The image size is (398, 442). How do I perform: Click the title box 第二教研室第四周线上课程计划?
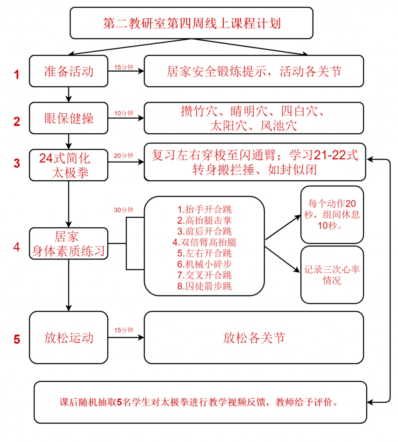tap(191, 23)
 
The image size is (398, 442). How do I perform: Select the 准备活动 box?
tap(69, 71)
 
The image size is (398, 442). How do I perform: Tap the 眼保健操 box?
tap(69, 118)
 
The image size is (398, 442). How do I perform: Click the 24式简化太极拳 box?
tap(69, 165)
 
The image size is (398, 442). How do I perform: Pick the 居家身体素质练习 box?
tap(69, 244)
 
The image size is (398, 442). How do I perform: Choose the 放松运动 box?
tap(69, 338)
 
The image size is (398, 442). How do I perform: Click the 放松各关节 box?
tap(254, 338)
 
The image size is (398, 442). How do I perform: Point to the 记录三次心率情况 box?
tap(332, 275)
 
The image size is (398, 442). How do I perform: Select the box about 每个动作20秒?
tap(332, 214)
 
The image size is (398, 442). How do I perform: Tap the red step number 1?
tap(17, 75)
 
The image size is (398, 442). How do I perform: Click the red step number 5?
tap(17, 339)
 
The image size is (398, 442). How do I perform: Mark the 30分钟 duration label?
tap(123, 210)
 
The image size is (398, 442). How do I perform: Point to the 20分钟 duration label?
tap(123, 156)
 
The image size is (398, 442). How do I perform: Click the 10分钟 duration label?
tap(123, 113)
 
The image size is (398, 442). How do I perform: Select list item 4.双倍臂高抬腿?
tap(205, 242)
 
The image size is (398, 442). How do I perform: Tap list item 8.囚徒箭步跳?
tap(205, 286)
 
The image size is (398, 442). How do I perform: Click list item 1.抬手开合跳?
tap(205, 210)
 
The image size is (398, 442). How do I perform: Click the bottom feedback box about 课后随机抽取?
tap(200, 402)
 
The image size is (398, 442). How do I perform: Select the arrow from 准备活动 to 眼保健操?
tap(69, 94)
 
